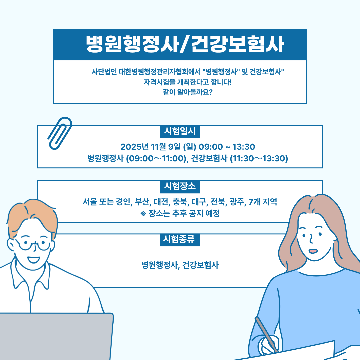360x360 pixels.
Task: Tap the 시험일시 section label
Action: (x=180, y=132)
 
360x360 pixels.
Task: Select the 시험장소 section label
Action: (x=180, y=186)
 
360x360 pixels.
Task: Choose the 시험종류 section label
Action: (x=180, y=239)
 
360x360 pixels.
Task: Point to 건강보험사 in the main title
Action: (x=237, y=44)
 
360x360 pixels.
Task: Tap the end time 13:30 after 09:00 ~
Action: (x=244, y=147)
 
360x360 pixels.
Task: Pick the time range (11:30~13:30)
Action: (x=259, y=158)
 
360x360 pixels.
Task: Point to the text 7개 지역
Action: (x=263, y=202)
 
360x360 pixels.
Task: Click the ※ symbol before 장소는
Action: (x=143, y=214)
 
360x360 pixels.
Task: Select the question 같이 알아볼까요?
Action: (x=188, y=92)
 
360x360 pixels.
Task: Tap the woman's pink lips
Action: (x=313, y=251)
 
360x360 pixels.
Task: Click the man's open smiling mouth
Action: (x=34, y=260)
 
